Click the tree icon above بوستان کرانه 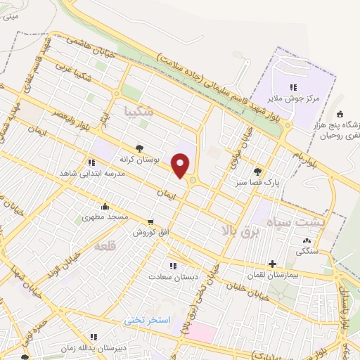pyautogui.click(x=139, y=148)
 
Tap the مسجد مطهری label pyautogui.click(x=105, y=217)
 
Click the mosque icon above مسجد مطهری pyautogui.click(x=105, y=206)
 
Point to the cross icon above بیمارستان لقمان pyautogui.click(x=273, y=264)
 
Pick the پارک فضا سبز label pyautogui.click(x=257, y=181)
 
